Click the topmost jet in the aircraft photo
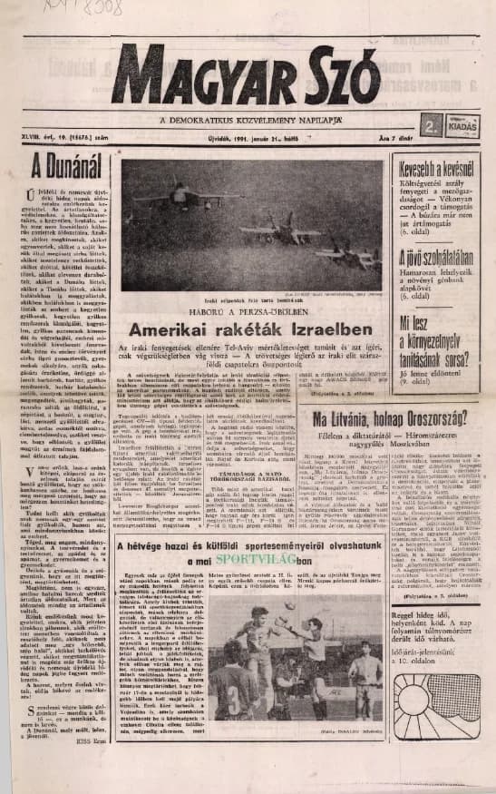click(x=186, y=194)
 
